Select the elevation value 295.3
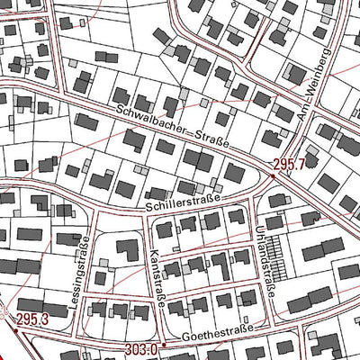tap(31, 319)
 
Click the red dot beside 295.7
tap(274, 176)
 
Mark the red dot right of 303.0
tap(163, 347)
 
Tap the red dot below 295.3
tap(15, 330)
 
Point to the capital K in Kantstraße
tap(152, 252)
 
